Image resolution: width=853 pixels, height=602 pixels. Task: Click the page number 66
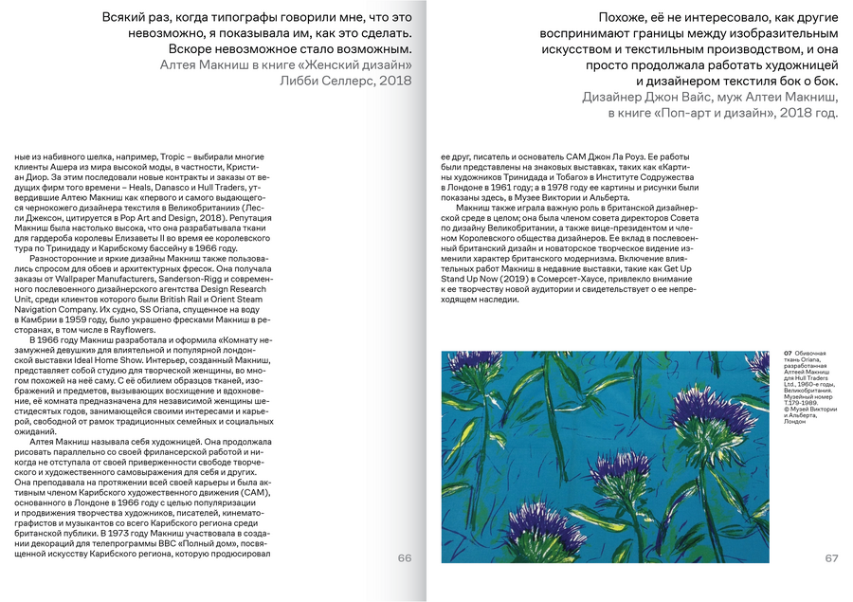click(x=405, y=558)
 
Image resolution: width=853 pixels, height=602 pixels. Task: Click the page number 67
click(x=831, y=558)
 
